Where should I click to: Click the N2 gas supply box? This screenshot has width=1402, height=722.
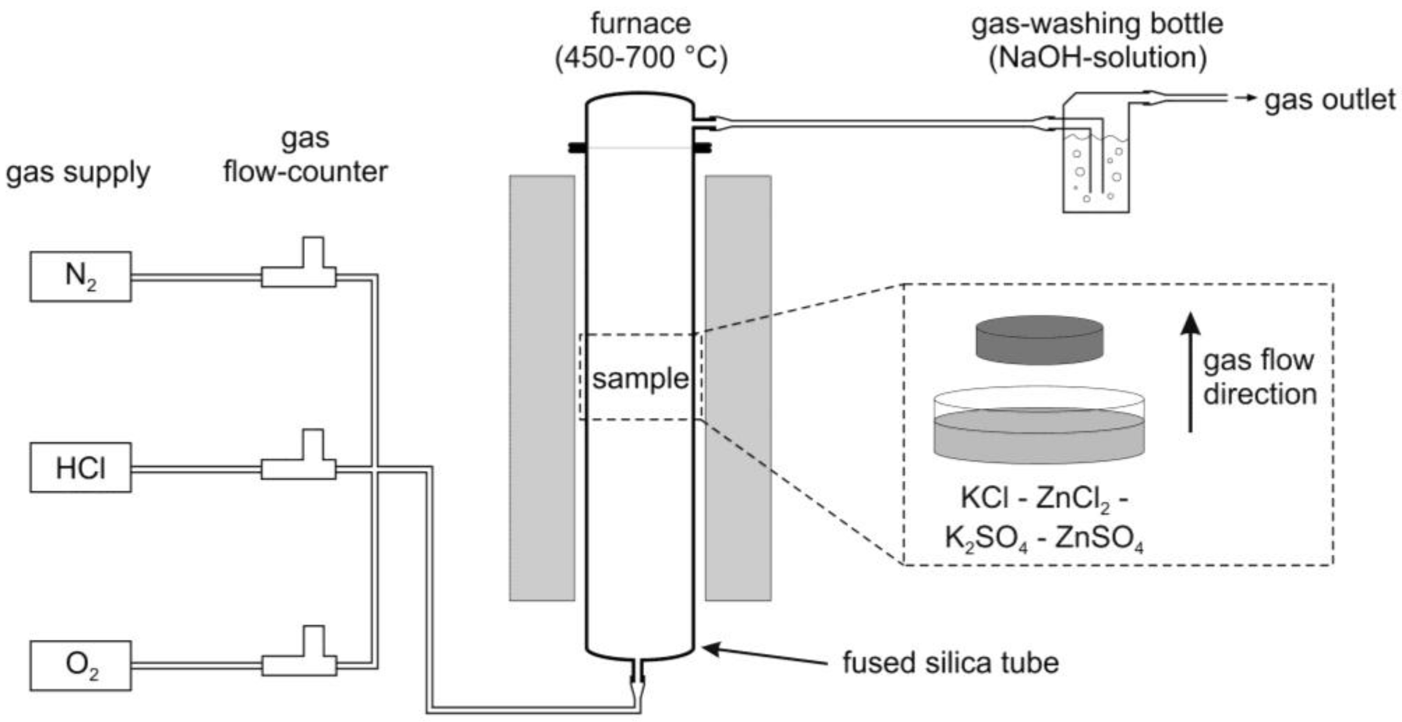[x=80, y=277]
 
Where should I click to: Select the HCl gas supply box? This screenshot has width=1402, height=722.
[x=80, y=468]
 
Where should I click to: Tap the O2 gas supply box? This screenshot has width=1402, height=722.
[x=80, y=665]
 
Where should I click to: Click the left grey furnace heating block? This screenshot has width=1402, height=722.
[x=542, y=387]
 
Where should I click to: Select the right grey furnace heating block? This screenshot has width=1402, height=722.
[x=738, y=387]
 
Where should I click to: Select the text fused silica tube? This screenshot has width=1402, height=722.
[x=950, y=662]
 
